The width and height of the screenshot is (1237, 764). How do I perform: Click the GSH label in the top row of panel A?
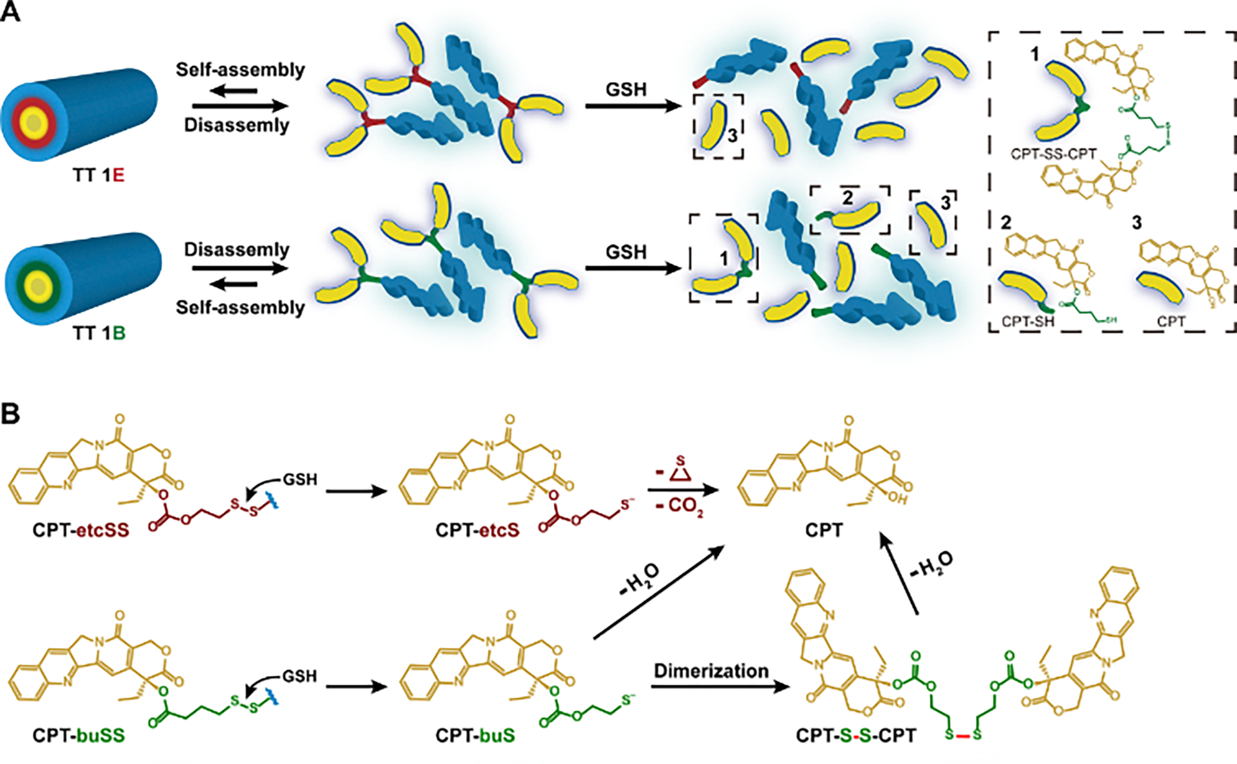click(x=626, y=89)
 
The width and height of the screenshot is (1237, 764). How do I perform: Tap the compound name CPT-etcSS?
click(x=81, y=530)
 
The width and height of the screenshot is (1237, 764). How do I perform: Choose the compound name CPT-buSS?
click(x=78, y=734)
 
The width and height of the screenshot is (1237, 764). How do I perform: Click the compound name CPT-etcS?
click(x=477, y=530)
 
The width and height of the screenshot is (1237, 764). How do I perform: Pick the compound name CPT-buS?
click(x=475, y=734)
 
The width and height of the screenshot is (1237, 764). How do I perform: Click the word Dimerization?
click(x=711, y=671)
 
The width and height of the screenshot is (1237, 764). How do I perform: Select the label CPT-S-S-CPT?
click(x=856, y=735)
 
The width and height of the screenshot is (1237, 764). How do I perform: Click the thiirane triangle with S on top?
click(x=680, y=473)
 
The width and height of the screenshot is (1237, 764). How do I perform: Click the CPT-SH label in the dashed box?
click(x=1028, y=321)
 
